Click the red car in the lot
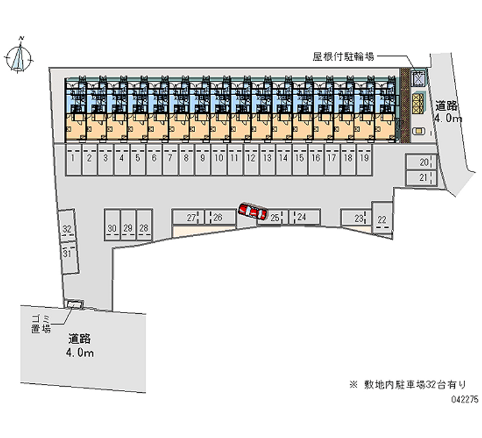[252, 211]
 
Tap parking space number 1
[73, 160]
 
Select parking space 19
[365, 160]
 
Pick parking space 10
[219, 160]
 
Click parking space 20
[421, 161]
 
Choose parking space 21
[421, 178]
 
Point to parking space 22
[382, 217]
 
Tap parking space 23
[356, 217]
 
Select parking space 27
[188, 217]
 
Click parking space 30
[112, 225]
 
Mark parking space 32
[67, 226]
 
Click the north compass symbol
[19, 56]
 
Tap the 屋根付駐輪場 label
[343, 57]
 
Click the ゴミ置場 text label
[41, 324]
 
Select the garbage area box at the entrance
[75, 304]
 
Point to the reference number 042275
[465, 399]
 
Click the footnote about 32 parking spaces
[408, 384]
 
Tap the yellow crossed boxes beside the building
[418, 104]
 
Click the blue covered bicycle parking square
[418, 78]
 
